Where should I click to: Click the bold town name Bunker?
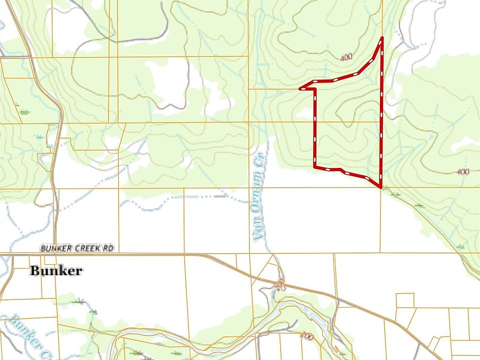tap(56, 271)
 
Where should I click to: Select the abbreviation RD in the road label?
tap(107, 248)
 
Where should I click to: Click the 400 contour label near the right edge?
tap(463, 172)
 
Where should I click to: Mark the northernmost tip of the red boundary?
tap(382, 38)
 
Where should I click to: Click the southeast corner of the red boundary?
tap(381, 187)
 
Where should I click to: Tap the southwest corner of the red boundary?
tap(315, 166)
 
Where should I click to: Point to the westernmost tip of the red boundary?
tap(300, 88)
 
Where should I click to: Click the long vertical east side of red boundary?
tap(381, 115)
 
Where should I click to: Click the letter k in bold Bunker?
tap(62, 270)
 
